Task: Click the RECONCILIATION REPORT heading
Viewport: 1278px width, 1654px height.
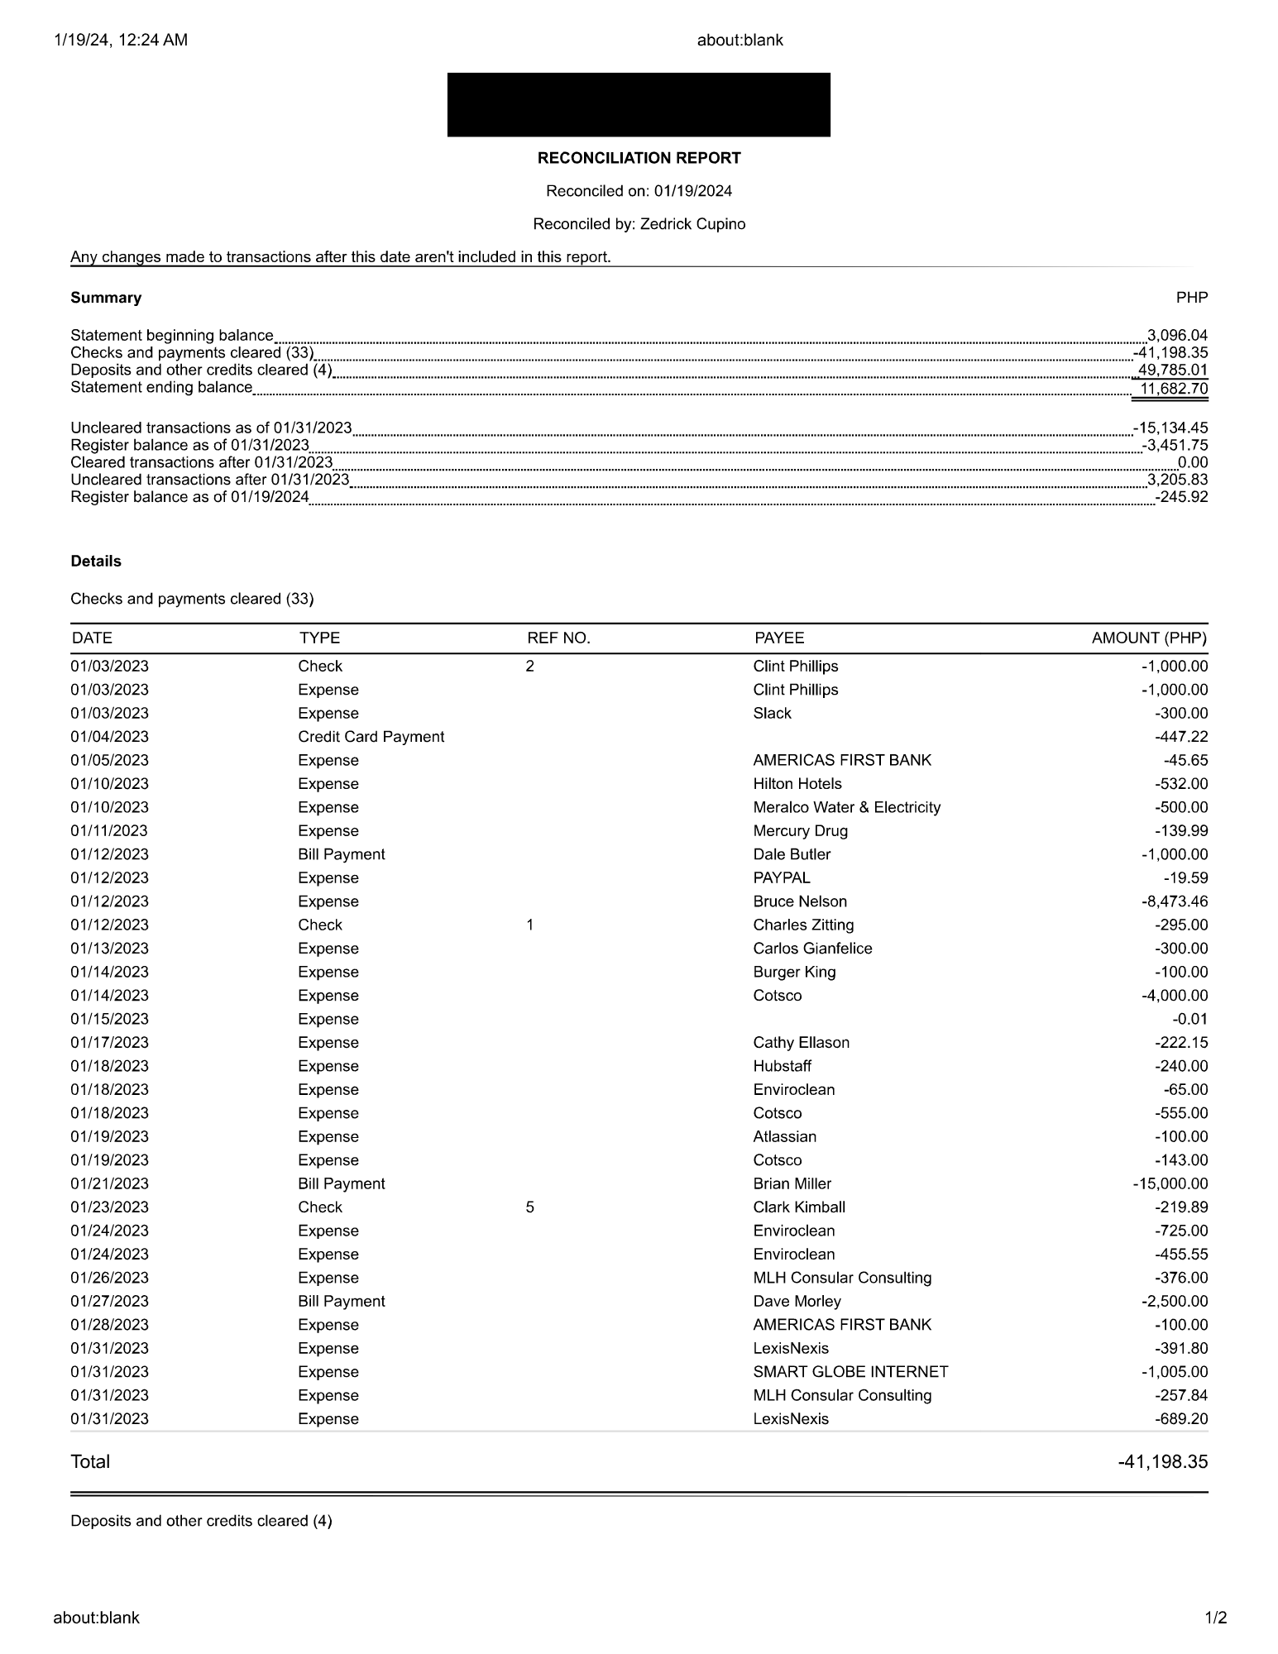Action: tap(639, 158)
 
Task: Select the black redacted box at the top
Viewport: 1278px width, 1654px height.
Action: tap(639, 105)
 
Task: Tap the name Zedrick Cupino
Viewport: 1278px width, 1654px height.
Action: tap(692, 224)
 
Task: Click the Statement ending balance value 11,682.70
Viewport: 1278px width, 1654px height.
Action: tap(1173, 388)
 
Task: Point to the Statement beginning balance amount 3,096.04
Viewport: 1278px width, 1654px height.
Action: tap(1176, 335)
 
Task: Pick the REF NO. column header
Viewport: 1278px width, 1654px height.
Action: tap(558, 638)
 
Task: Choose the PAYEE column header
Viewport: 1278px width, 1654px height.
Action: tap(778, 638)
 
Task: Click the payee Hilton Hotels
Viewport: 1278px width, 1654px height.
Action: tap(797, 784)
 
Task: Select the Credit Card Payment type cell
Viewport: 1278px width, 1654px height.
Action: tap(371, 737)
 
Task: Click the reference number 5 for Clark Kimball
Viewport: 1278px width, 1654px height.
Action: tap(529, 1207)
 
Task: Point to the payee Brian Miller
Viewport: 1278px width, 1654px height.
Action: tap(792, 1183)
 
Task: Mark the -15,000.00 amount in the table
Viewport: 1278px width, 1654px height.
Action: tap(1170, 1183)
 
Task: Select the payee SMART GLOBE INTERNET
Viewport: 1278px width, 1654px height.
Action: tap(850, 1372)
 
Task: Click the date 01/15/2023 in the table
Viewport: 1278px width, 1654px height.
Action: tap(109, 1019)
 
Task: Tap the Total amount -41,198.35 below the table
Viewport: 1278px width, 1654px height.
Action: tap(1162, 1461)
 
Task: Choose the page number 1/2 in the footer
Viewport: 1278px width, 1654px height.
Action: tap(1215, 1618)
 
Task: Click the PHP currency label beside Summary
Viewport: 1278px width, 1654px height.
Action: tap(1191, 298)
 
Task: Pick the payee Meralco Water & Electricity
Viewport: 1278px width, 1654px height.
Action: tap(846, 807)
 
